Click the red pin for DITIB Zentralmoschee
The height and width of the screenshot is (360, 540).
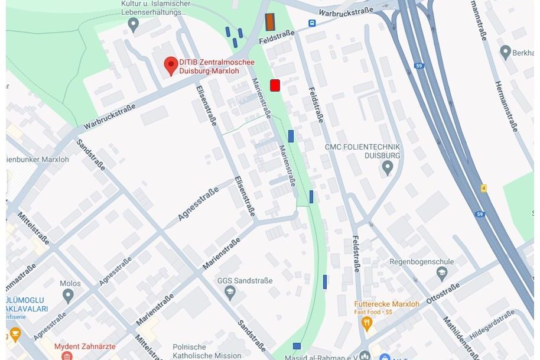(x=171, y=66)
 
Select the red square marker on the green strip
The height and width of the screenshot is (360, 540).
(x=275, y=85)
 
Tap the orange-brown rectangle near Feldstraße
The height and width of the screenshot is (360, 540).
(x=270, y=22)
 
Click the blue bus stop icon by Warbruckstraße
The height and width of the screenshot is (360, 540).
(x=311, y=24)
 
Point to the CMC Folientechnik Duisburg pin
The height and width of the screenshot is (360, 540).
(x=388, y=168)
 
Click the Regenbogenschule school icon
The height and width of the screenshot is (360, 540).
(x=442, y=273)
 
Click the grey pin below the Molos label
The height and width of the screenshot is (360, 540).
(x=68, y=295)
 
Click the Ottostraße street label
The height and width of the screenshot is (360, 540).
(x=443, y=294)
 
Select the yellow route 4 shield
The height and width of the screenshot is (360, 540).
(x=483, y=188)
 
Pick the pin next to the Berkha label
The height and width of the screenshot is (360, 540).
(x=505, y=52)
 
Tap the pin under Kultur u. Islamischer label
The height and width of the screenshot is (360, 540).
(x=133, y=24)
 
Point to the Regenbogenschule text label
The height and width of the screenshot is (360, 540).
(x=421, y=262)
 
